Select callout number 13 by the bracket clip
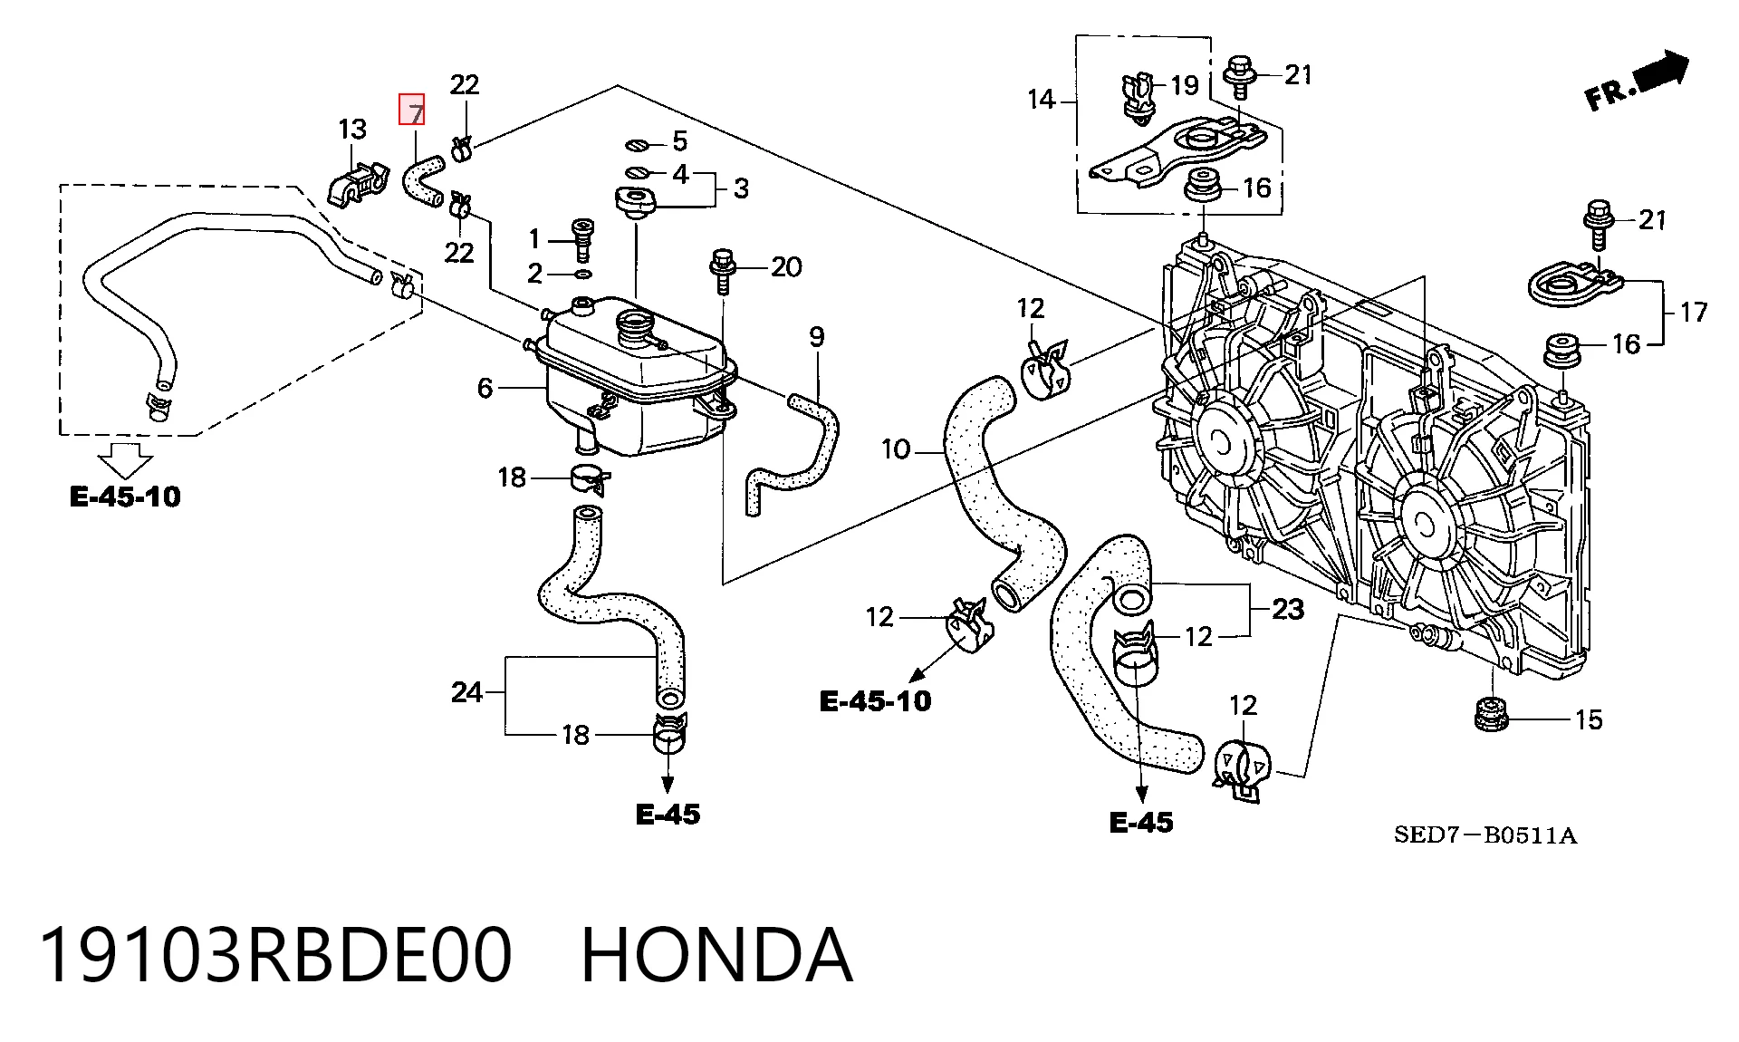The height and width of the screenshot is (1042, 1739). tap(352, 129)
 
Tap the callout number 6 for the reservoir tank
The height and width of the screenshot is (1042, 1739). tap(485, 388)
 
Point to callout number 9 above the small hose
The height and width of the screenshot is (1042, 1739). tap(816, 337)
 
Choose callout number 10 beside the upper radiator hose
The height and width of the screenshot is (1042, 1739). tap(896, 449)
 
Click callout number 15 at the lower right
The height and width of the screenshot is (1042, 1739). tap(1589, 719)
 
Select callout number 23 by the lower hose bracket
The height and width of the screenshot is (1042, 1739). tap(1288, 609)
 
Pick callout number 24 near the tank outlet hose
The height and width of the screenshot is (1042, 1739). tap(466, 692)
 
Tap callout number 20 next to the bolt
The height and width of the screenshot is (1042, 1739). tap(786, 266)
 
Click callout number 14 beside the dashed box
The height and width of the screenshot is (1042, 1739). tap(1042, 99)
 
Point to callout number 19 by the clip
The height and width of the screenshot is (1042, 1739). tap(1185, 85)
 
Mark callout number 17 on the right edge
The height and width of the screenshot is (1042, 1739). tap(1694, 312)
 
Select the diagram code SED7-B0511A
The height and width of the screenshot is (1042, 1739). tap(1485, 835)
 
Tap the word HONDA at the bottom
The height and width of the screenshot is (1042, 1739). tap(716, 955)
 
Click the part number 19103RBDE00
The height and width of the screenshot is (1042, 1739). tap(275, 955)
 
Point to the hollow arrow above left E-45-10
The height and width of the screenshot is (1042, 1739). tap(125, 460)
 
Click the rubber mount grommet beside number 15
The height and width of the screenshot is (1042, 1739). tap(1490, 714)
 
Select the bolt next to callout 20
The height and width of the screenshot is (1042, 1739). tap(722, 272)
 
